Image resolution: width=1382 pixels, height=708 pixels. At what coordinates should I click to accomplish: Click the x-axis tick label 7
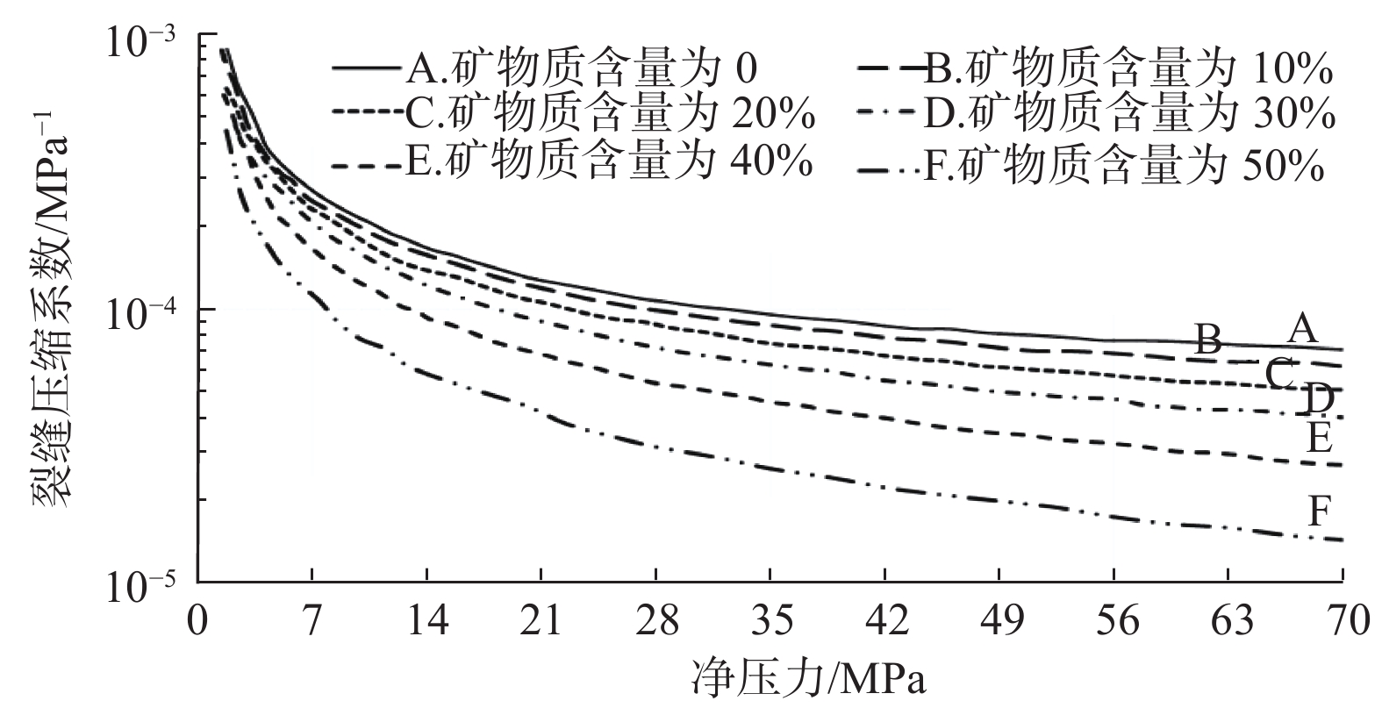312,622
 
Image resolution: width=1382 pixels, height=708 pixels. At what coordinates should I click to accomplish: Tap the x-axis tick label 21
541,622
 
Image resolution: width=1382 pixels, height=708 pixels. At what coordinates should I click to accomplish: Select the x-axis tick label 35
770,622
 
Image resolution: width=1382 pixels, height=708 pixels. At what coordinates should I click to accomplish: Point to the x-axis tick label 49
999,622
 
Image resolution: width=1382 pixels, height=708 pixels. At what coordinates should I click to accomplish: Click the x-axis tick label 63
1228,622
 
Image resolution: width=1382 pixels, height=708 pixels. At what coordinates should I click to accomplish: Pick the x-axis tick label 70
1342,622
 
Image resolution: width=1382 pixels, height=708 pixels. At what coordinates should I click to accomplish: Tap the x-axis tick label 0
198,622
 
